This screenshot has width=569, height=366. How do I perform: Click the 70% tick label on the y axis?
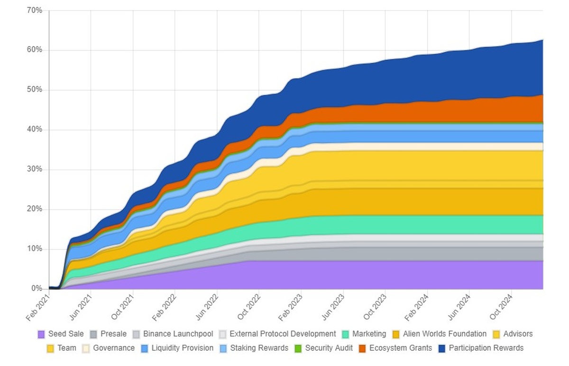click(x=35, y=10)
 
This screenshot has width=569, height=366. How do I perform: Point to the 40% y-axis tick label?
click(x=35, y=130)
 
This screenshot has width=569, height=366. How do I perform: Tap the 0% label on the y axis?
click(x=37, y=289)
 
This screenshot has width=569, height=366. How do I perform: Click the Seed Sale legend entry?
click(x=66, y=334)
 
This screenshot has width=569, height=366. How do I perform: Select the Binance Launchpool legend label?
click(x=178, y=334)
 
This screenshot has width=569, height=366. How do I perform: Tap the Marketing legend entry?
click(x=369, y=334)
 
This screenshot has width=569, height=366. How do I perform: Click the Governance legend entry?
click(x=114, y=348)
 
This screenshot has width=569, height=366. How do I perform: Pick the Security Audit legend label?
click(x=329, y=348)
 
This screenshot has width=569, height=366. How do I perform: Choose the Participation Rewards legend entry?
click(x=486, y=348)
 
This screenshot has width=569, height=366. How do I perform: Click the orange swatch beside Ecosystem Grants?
click(x=362, y=348)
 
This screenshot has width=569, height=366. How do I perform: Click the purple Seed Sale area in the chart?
click(x=379, y=275)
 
